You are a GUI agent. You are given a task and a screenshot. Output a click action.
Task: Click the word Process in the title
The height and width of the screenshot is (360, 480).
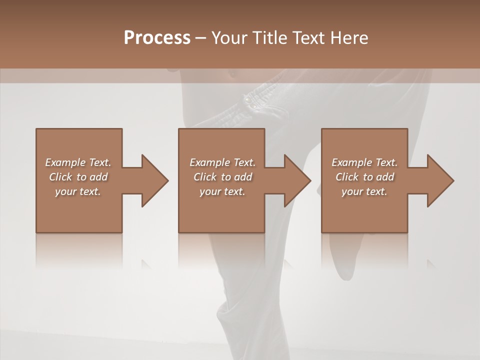coord(157,38)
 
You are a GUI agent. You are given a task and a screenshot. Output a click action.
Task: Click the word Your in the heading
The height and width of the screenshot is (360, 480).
coord(230,38)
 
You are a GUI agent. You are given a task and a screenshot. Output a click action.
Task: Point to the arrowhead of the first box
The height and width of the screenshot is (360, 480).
coord(153,180)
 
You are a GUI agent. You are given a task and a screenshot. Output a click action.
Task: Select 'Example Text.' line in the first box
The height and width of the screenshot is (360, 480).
coord(78,162)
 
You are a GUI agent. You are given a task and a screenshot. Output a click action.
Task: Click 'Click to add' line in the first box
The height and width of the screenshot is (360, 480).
coord(78,177)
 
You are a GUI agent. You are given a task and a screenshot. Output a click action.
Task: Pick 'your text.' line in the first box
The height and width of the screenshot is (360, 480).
coord(78,191)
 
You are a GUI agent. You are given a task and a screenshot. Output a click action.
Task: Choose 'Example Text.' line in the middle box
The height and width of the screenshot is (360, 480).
coord(222,162)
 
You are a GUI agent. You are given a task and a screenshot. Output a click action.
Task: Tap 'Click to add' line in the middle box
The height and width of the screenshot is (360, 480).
coord(222,177)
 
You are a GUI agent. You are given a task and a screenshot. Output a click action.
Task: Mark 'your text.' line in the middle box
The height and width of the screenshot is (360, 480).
coord(222,191)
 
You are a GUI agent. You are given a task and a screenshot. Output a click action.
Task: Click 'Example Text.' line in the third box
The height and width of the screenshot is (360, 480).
coord(364,162)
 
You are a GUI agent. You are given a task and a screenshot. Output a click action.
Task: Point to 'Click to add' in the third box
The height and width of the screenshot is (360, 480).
coord(364,177)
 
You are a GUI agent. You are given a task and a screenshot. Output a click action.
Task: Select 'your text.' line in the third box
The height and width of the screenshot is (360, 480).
coord(364,191)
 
